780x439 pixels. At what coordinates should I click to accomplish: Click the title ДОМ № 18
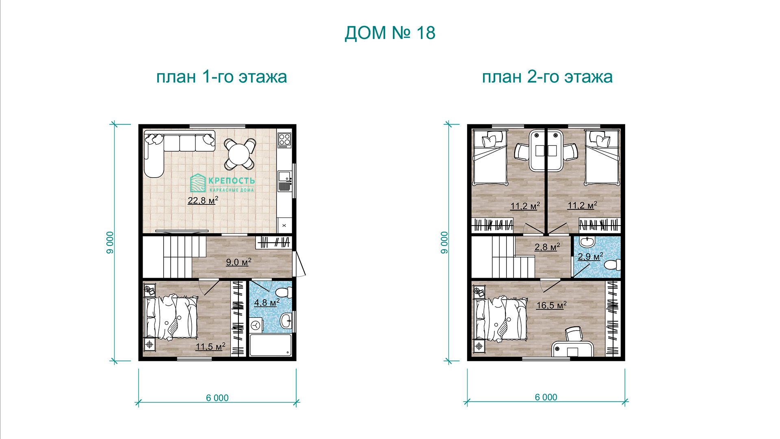click(390, 33)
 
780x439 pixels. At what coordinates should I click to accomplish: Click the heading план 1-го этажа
click(221, 76)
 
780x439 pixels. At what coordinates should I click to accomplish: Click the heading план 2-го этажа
click(547, 76)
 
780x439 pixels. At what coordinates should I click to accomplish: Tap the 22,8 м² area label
click(203, 200)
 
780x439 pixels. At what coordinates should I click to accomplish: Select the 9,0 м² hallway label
click(238, 262)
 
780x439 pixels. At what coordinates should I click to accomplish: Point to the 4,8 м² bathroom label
click(266, 302)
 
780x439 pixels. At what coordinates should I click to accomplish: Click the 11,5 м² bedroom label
click(210, 347)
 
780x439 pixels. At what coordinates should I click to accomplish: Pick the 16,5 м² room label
click(551, 305)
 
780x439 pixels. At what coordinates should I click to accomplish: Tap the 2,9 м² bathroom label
click(590, 256)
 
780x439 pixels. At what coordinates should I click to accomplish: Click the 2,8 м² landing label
click(547, 247)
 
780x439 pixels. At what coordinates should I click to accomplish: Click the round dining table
click(240, 154)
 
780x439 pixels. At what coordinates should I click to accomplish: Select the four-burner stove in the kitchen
click(284, 140)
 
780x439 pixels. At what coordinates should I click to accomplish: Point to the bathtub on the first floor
click(271, 345)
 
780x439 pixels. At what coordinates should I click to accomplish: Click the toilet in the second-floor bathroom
click(613, 265)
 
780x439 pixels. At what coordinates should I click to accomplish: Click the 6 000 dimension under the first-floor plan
click(217, 398)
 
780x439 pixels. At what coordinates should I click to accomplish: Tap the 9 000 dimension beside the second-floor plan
click(445, 243)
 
